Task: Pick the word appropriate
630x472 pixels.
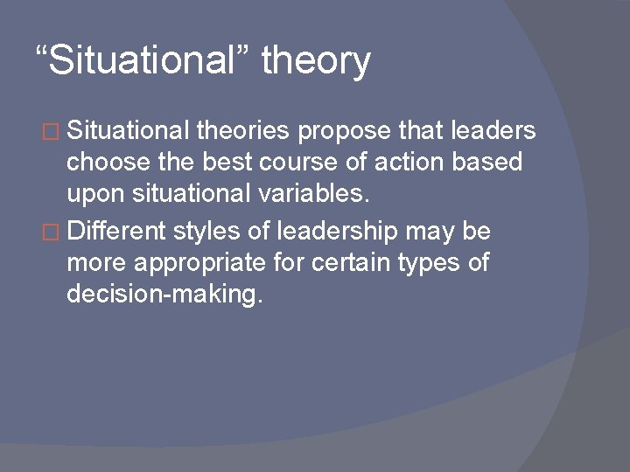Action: pos(207,265)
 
